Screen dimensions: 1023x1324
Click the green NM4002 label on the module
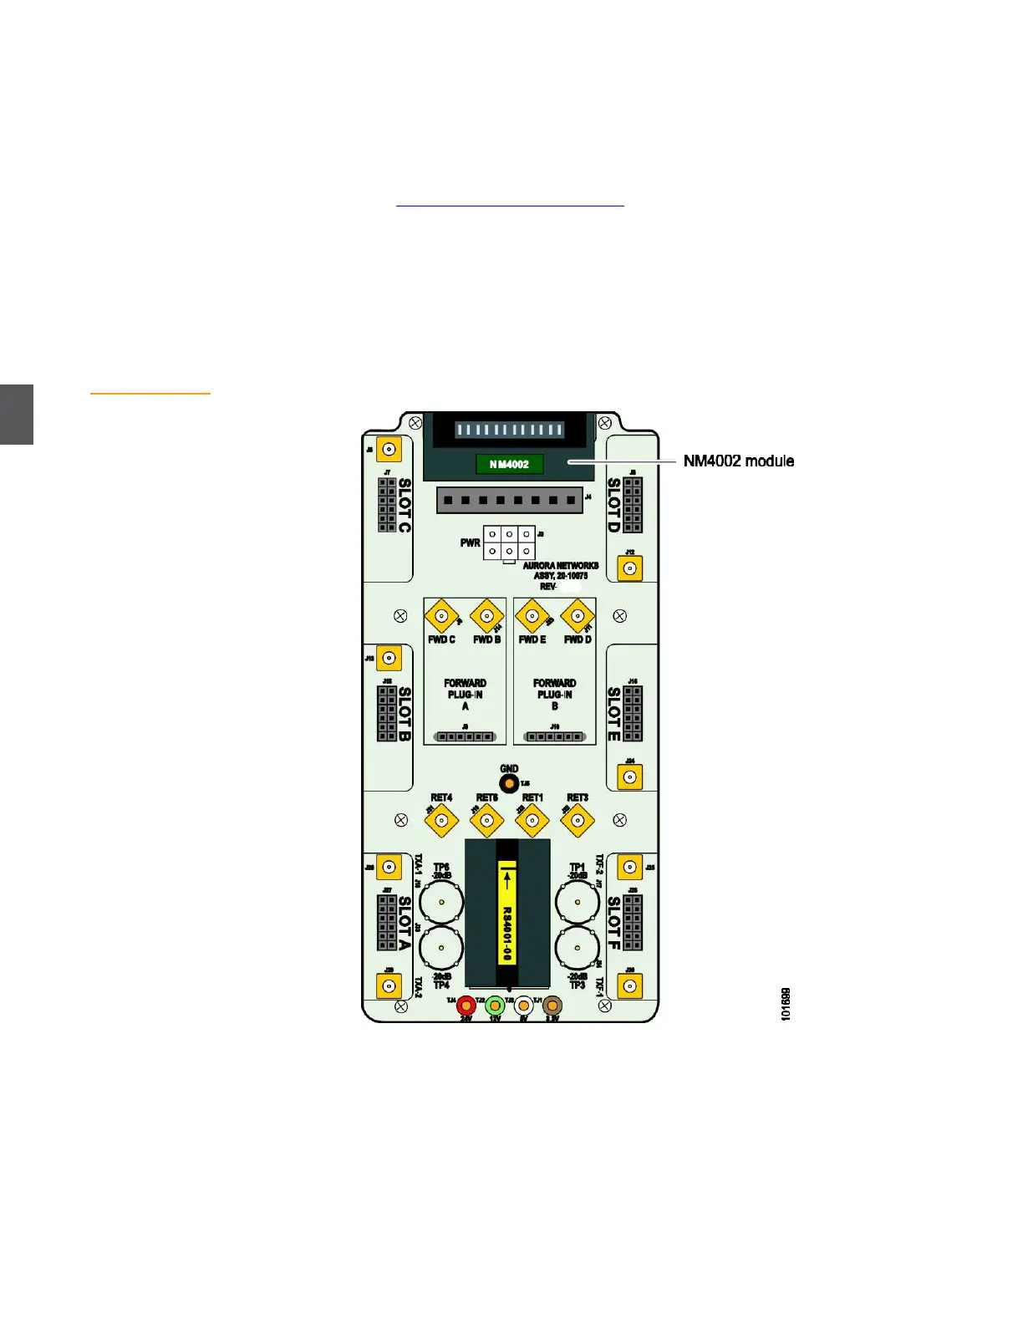tap(509, 464)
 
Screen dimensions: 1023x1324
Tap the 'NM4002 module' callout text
tap(738, 461)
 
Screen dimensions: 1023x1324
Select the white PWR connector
tap(509, 542)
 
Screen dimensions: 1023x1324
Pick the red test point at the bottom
tap(466, 1006)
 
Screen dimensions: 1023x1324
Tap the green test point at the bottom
tap(495, 1006)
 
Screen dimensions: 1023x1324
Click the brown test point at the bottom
tap(552, 1006)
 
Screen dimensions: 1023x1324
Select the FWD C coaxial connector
tap(441, 618)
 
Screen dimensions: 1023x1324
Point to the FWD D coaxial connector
tap(578, 618)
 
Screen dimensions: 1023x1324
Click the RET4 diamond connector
tap(441, 820)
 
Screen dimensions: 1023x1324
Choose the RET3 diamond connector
tap(578, 820)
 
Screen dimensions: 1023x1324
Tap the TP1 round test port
tap(578, 904)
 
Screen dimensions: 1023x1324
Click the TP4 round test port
tap(441, 949)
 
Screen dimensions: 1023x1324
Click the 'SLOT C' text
tap(405, 505)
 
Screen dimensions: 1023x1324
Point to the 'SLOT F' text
tap(614, 923)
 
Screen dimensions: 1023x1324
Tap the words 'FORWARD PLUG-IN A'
tap(466, 695)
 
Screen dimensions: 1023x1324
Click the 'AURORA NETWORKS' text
tap(561, 566)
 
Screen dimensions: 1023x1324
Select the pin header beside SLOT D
tap(634, 505)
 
